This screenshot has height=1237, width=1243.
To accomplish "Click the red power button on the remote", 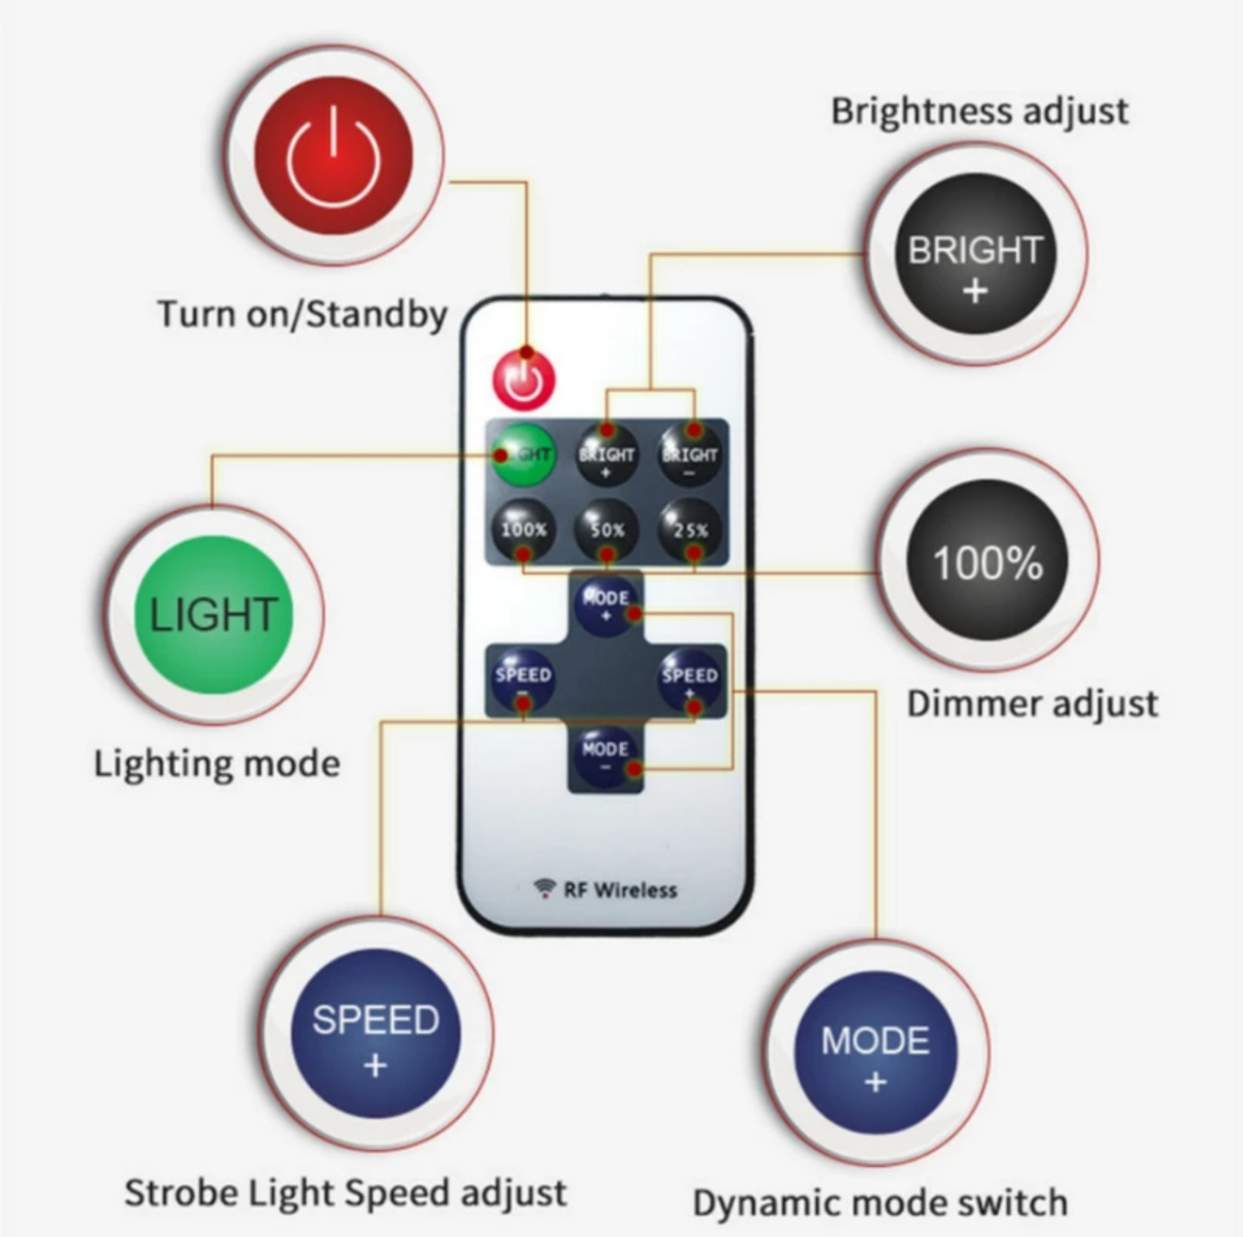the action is click(524, 379).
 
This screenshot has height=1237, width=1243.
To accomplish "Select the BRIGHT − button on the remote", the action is click(689, 455).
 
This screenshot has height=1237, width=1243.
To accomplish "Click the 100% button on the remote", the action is click(523, 530).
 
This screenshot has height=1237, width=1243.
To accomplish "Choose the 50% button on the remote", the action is click(606, 530).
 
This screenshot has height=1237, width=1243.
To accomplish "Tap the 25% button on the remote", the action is click(689, 530).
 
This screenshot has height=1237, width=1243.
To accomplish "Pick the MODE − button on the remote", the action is click(605, 756).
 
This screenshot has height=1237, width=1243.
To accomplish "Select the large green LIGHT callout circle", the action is click(214, 615).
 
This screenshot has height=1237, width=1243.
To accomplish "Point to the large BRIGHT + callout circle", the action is click(975, 254).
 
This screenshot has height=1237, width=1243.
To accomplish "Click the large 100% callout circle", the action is click(987, 561).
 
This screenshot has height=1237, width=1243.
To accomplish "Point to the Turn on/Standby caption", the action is click(302, 314).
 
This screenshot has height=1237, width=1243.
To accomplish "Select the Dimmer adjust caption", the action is click(1032, 703).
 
